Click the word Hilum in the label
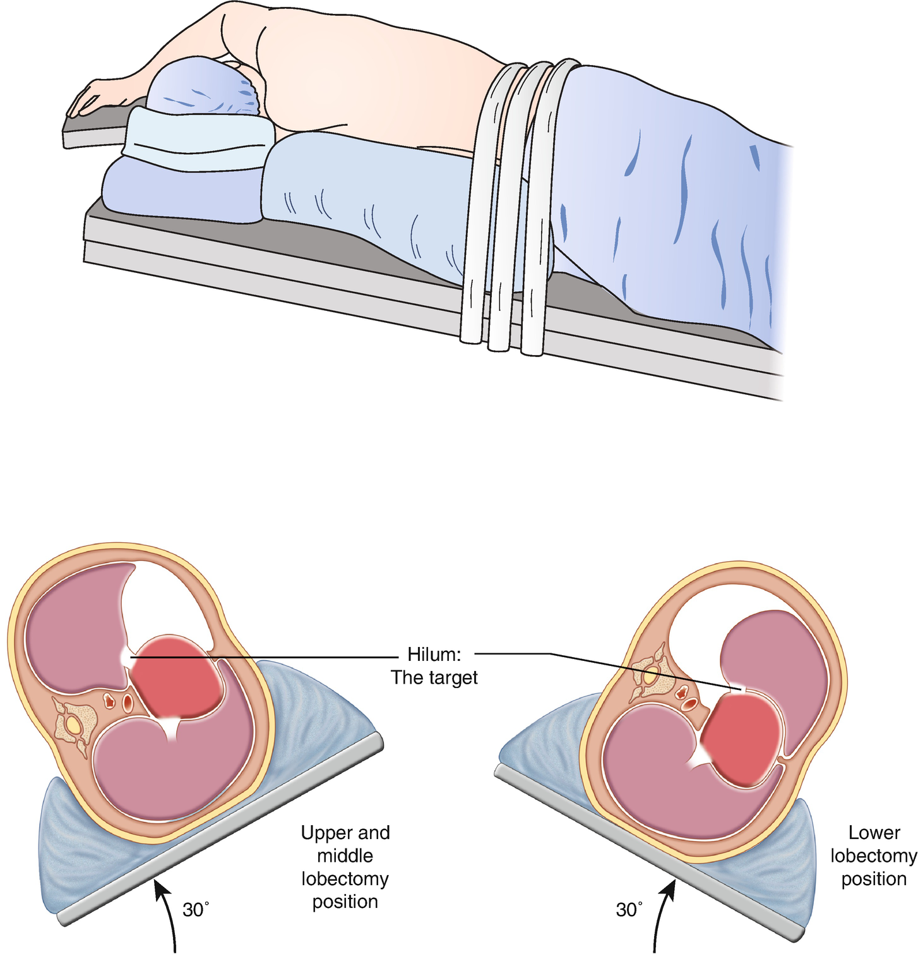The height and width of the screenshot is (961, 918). coord(434,653)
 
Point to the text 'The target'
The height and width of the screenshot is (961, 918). coord(434,678)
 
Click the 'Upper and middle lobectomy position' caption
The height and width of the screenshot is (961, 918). coord(345,867)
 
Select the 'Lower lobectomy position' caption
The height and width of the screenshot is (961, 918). coord(874,855)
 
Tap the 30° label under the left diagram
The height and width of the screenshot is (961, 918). coord(196,910)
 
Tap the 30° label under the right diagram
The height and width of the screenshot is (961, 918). coord(629,910)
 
